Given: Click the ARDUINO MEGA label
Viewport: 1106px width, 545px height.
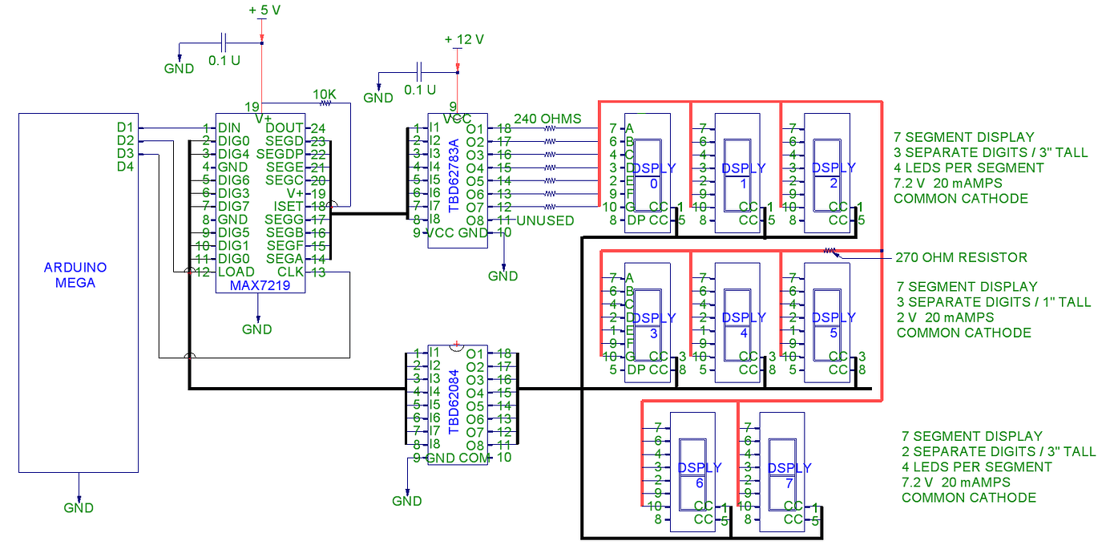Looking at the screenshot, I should (x=75, y=275).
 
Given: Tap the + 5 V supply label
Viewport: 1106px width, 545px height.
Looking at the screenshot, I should (x=264, y=10).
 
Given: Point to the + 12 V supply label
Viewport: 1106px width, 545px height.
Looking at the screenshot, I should (x=464, y=39).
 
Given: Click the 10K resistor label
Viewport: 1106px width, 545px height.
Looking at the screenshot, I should (x=325, y=94).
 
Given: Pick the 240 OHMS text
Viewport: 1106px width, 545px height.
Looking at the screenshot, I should (x=547, y=118).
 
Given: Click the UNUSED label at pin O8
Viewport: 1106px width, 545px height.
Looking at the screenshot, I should (x=546, y=220).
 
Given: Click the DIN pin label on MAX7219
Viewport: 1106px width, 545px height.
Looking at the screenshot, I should (x=228, y=128).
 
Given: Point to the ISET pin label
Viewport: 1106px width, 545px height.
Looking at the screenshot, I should (x=289, y=207).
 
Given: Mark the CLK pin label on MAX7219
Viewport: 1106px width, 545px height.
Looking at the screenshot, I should (x=291, y=272).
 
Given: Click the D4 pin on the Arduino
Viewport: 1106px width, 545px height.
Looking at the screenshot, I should (x=125, y=167).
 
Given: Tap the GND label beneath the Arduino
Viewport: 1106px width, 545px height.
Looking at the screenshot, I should (x=79, y=507).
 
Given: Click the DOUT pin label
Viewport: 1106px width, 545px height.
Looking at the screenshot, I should (x=285, y=128).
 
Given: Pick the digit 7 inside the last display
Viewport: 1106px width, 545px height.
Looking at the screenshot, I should (x=789, y=482).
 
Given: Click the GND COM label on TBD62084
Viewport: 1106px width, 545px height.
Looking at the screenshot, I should (x=458, y=458).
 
